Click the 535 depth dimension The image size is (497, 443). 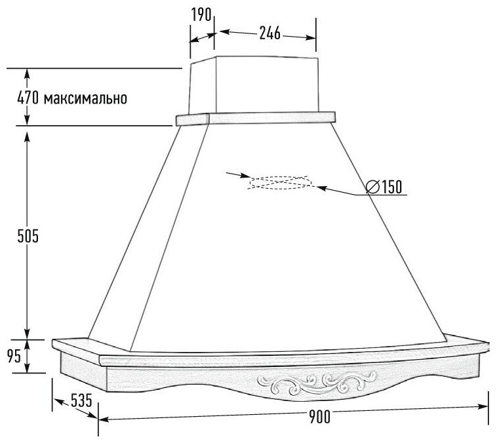click(x=71, y=401)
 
